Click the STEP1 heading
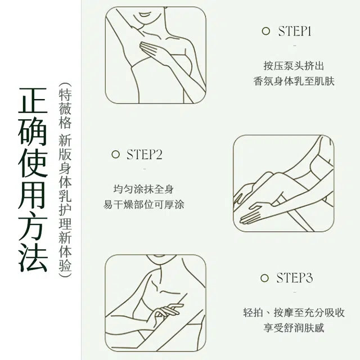(295, 31)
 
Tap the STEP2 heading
(145, 154)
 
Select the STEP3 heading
(294, 278)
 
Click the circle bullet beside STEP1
(266, 31)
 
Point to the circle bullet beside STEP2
(115, 154)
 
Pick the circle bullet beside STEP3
(264, 278)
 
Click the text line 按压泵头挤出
(294, 66)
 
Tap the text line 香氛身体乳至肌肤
(294, 81)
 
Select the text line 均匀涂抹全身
(143, 189)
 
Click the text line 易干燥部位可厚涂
(143, 205)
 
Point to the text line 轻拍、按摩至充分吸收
(294, 313)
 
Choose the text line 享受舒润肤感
(294, 328)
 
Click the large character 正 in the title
(33, 101)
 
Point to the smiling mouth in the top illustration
(145, 15)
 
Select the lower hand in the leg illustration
(253, 214)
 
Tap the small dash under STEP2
(145, 169)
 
